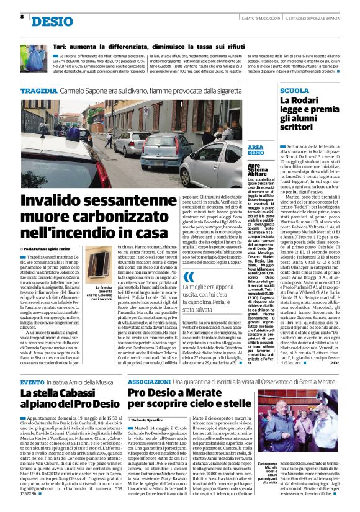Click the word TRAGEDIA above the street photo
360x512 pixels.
pyautogui.click(x=40, y=91)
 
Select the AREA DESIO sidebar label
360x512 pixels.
pyautogui.click(x=255, y=150)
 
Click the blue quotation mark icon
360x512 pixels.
pyautogui.click(x=189, y=276)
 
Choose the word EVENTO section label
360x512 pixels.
pyautogui.click(x=32, y=365)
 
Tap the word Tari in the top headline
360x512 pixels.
pyautogui.click(x=60, y=47)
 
